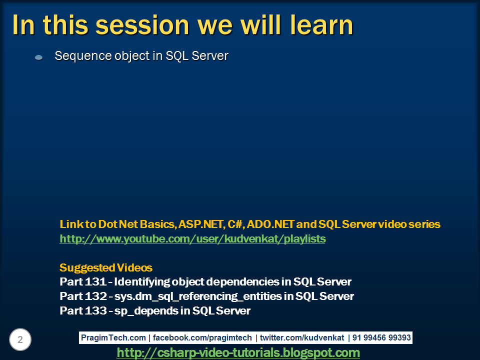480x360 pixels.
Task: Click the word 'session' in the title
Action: coord(142,25)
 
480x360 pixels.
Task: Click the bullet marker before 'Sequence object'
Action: coord(39,57)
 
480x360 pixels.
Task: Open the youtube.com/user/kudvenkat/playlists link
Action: coord(192,239)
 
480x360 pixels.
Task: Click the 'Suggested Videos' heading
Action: coord(106,267)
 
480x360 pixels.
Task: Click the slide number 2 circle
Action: coord(20,339)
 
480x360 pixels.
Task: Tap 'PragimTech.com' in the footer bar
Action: coord(113,337)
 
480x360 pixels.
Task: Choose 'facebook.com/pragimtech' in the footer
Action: coord(202,337)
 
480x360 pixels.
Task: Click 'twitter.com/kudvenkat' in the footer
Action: coord(302,337)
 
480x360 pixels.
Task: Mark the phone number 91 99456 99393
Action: coord(381,337)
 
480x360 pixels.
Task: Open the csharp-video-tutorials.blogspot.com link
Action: coord(238,352)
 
